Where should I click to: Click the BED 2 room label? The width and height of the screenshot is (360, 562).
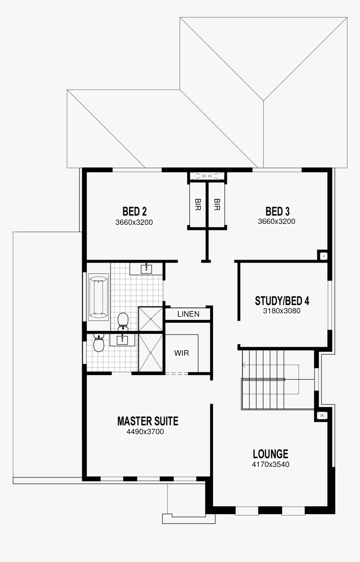coord(134,211)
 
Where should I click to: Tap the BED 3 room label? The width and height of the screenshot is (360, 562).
coord(277,211)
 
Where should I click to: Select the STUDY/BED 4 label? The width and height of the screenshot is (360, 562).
coord(282,301)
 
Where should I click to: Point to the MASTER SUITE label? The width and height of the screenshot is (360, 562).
coord(147,421)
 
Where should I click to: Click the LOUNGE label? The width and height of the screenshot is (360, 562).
coord(270,454)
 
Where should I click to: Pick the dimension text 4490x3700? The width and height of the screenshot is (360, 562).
coord(144,432)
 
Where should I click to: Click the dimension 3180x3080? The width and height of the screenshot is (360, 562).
coord(282,311)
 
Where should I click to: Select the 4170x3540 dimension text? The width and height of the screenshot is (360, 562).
coord(270,464)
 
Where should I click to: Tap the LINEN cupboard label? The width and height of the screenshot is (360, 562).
coord(188,314)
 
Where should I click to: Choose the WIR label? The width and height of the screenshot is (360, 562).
coord(181,353)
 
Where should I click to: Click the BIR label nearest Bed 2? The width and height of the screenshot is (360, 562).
coord(198,204)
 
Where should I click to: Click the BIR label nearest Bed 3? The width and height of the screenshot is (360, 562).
coord(217,204)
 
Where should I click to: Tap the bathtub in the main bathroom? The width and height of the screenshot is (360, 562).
coord(98,296)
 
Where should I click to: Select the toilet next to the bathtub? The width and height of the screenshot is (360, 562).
coord(123,320)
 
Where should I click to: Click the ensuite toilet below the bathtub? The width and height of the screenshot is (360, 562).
coord(99,343)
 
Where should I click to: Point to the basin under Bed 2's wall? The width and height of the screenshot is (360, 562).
coord(147,268)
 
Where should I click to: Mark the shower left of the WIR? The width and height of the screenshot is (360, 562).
coord(150,352)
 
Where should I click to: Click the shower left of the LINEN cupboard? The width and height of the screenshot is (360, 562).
coord(150,319)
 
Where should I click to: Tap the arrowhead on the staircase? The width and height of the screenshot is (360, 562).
coord(244,365)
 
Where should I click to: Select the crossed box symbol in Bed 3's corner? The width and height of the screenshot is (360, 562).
coord(324,255)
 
